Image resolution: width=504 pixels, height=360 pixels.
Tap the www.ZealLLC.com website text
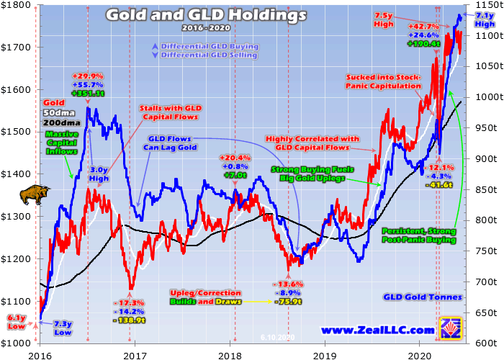[x=377, y=331]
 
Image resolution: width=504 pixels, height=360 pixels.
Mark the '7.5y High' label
[x=384, y=20]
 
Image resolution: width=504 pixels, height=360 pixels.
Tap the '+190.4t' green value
[x=425, y=43]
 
